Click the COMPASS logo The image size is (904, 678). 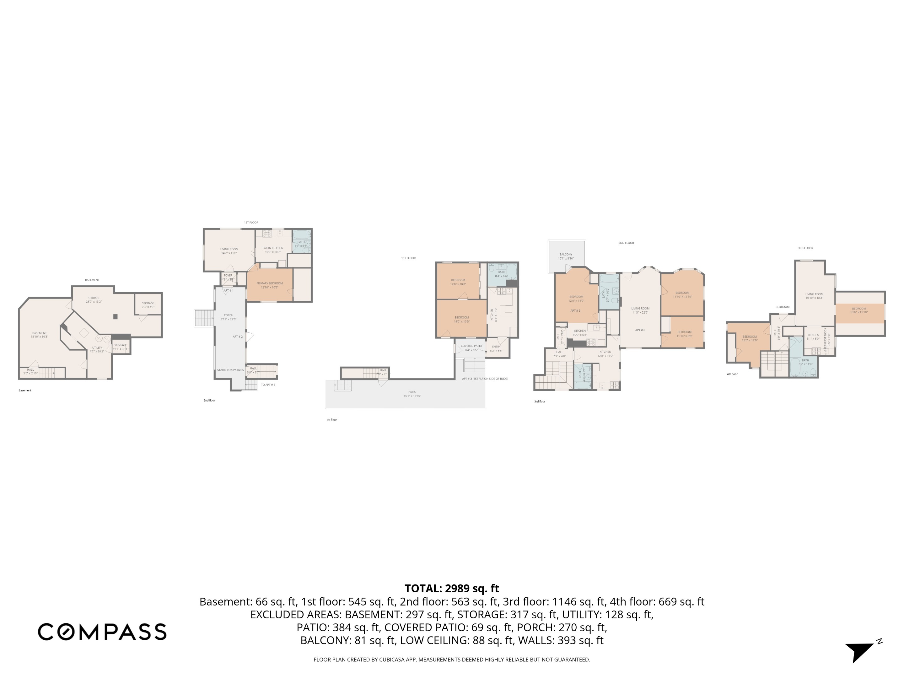point(102,632)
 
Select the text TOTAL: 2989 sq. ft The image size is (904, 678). point(452,589)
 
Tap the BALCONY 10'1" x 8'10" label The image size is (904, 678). point(566,256)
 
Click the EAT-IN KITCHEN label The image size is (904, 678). point(272,250)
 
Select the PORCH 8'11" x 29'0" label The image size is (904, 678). point(229,317)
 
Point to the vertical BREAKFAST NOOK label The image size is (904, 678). point(827,337)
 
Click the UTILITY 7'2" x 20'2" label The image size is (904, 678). point(97,349)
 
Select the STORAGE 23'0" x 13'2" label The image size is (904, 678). point(94,299)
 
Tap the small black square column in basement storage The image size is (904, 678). point(116,316)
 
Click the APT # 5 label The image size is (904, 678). point(575,311)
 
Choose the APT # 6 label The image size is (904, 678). point(640,330)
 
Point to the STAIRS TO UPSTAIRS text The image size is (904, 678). point(230,370)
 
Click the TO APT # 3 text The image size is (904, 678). point(268,385)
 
